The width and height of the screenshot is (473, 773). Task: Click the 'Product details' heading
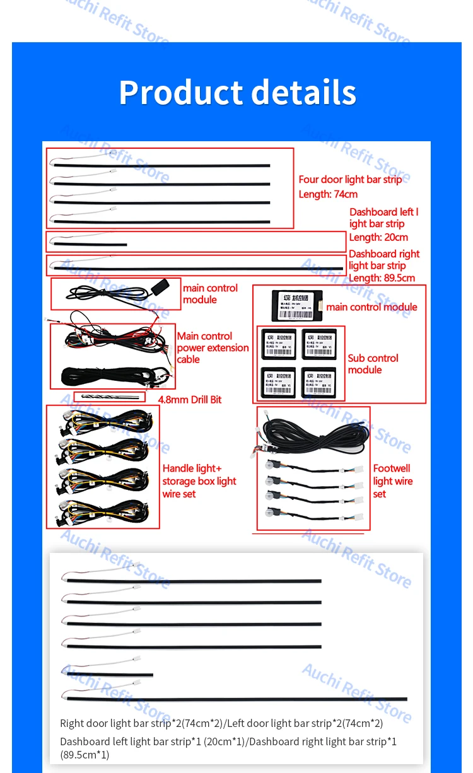tap(237, 92)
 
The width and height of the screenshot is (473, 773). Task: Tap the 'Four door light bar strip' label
tap(350, 180)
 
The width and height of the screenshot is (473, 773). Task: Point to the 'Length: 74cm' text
tap(328, 194)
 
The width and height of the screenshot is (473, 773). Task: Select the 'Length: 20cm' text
tap(378, 238)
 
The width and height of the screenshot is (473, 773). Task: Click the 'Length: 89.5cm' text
tap(382, 278)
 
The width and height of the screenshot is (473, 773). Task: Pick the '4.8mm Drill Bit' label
tap(189, 400)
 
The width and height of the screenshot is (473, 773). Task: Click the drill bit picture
tap(109, 397)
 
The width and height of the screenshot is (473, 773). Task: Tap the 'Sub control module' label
tap(373, 364)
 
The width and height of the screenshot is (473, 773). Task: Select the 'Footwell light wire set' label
tap(392, 481)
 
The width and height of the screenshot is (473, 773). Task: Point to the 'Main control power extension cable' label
tap(213, 348)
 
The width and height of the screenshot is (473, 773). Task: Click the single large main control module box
tap(296, 305)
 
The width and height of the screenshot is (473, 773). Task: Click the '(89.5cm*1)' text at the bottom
tap(85, 755)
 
